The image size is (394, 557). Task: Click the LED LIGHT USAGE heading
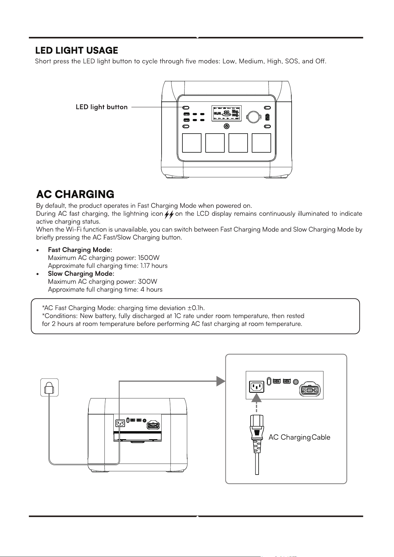76,50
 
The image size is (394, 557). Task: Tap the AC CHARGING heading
75,194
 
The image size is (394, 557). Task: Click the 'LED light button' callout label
102,107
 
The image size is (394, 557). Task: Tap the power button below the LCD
227,126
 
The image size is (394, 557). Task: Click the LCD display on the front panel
226,113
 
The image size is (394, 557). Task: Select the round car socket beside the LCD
253,117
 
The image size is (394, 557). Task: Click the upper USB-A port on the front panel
187,115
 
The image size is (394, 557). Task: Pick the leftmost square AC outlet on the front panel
192,143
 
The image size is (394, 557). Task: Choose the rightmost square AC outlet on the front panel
261,143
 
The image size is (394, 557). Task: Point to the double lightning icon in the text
169,215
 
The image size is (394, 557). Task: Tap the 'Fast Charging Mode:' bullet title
80,250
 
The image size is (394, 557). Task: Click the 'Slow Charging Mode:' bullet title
81,273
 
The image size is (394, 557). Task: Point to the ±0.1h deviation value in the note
196,307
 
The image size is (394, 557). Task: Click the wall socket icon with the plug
49,387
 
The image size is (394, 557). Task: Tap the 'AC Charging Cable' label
299,437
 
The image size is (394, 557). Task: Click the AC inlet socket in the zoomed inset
257,387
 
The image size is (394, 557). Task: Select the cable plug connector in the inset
257,429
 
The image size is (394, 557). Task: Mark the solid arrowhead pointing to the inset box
221,381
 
